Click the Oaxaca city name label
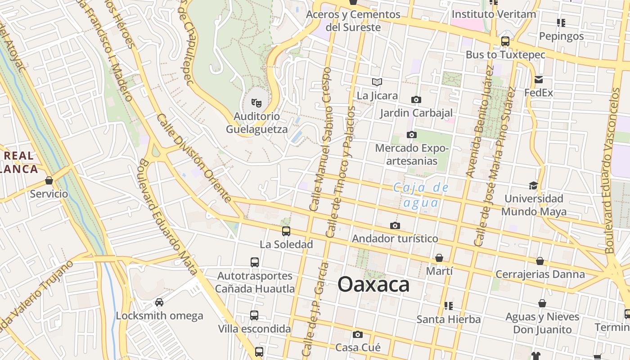pyautogui.click(x=373, y=284)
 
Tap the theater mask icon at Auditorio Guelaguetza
pyautogui.click(x=256, y=103)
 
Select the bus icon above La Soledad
pyautogui.click(x=286, y=231)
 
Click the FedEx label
pyautogui.click(x=539, y=93)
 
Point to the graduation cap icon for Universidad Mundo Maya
pyautogui.click(x=533, y=185)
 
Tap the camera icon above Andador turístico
pyautogui.click(x=395, y=225)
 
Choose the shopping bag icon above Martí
pyautogui.click(x=439, y=258)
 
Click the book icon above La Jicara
pyautogui.click(x=377, y=82)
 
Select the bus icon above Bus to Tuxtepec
pyautogui.click(x=505, y=41)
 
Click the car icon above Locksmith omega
pyautogui.click(x=159, y=302)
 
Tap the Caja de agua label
pyautogui.click(x=421, y=195)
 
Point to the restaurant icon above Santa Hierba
pyautogui.click(x=448, y=306)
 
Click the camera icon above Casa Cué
pyautogui.click(x=358, y=334)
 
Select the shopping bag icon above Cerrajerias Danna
pyautogui.click(x=540, y=261)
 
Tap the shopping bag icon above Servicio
pyautogui.click(x=49, y=180)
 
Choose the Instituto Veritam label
pyautogui.click(x=494, y=14)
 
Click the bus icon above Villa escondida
pyautogui.click(x=254, y=315)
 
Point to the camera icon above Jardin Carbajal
pyautogui.click(x=416, y=99)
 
